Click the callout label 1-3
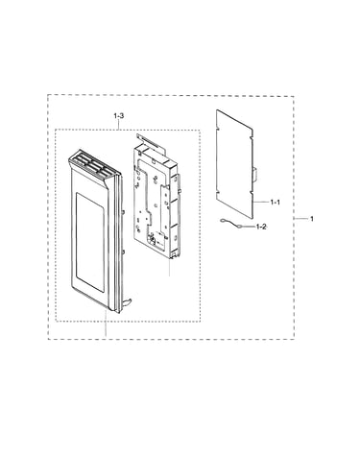click(119, 116)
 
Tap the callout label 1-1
click(275, 203)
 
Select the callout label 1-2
click(261, 227)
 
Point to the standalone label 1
click(312, 219)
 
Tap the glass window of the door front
click(90, 242)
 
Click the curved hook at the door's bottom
click(129, 300)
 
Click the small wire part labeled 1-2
click(231, 224)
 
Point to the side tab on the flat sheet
click(254, 175)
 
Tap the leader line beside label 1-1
click(261, 202)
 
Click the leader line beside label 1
click(300, 219)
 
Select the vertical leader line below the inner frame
click(170, 267)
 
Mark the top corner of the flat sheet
click(217, 110)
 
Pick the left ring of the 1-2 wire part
click(223, 220)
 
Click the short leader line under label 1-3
click(119, 124)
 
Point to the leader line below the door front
click(106, 323)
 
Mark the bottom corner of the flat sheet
click(252, 219)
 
